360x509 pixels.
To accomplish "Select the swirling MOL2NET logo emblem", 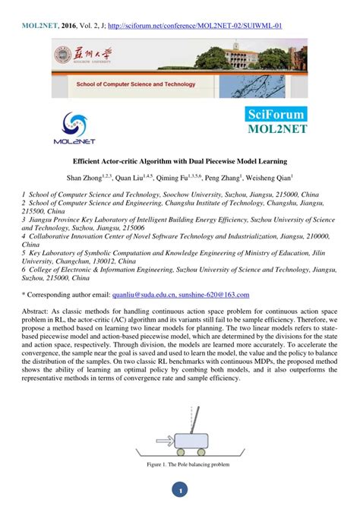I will (x=78, y=122).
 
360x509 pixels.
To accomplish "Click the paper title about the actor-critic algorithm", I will (x=180, y=162).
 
